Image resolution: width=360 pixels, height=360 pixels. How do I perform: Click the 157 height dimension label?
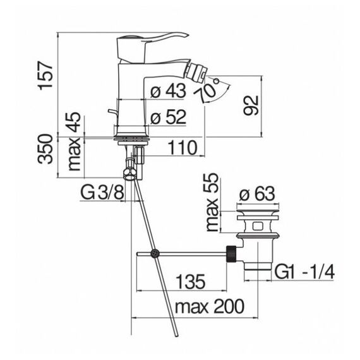point(45,76)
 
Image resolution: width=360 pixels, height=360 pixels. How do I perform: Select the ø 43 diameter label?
point(168,91)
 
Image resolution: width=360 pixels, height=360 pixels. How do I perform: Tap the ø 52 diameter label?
point(168,117)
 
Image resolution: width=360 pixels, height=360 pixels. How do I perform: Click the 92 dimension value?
point(251,105)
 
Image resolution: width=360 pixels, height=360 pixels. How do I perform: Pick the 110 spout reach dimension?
point(183,148)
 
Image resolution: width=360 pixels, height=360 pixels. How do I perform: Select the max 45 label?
point(75,141)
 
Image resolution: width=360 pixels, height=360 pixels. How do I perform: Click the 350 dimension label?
point(45,149)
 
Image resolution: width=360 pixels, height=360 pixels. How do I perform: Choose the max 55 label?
point(212,202)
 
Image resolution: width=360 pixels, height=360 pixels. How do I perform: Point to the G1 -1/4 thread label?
point(304,272)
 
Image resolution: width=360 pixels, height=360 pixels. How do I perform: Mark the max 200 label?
point(210,307)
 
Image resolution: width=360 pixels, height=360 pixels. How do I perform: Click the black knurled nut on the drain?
point(232,253)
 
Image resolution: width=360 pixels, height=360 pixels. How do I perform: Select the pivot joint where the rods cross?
point(154,253)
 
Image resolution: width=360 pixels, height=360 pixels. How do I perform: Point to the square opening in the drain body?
point(258,225)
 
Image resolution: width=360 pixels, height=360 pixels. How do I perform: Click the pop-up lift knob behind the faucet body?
point(114,113)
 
